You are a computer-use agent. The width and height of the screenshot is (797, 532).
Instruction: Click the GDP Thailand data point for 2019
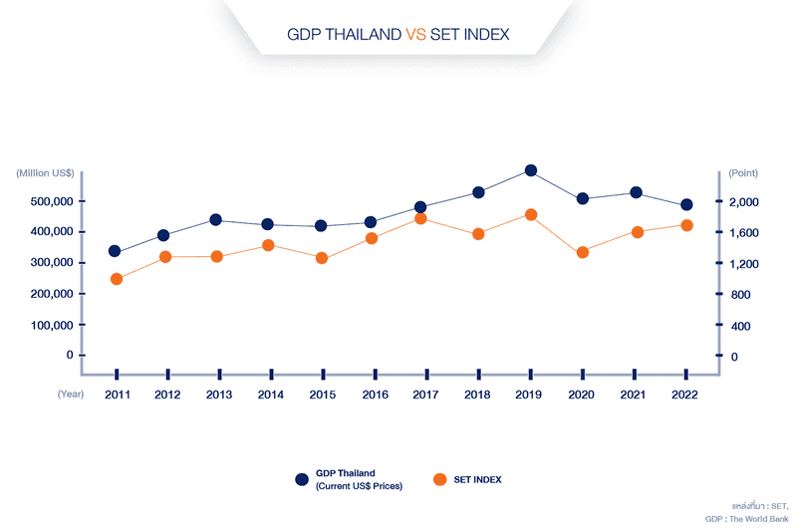(531, 171)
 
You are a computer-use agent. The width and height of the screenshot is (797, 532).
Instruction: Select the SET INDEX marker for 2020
(583, 253)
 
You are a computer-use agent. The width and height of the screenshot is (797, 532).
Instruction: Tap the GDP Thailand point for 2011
(115, 251)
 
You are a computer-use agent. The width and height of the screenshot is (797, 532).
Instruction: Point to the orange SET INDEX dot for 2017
(420, 218)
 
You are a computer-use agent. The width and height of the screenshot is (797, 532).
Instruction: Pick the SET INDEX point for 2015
(322, 258)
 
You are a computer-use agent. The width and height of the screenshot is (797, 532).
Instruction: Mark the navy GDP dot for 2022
(686, 205)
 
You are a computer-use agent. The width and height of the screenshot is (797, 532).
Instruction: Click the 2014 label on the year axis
(270, 395)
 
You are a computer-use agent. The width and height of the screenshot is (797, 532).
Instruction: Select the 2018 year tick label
(478, 395)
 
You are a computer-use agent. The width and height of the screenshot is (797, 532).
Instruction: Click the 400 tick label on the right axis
(741, 326)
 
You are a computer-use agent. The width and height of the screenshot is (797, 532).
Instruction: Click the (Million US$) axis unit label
(45, 173)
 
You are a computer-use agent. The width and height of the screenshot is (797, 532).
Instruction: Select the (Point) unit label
(743, 173)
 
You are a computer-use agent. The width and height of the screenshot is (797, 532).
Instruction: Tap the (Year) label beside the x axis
(70, 395)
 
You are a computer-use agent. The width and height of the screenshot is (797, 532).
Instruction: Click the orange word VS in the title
(415, 34)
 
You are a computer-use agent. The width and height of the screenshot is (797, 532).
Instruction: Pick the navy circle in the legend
(302, 479)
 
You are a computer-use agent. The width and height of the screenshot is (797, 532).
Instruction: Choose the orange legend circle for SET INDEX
(439, 479)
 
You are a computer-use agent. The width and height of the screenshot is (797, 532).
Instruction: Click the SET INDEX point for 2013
(217, 257)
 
